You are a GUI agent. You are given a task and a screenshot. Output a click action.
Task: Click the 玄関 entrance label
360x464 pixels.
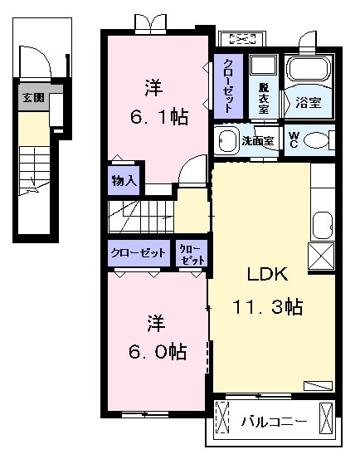(34, 97)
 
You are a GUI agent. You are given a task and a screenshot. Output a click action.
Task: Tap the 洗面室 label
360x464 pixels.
(256, 141)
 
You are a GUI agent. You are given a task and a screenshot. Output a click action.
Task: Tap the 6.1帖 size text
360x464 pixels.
(154, 116)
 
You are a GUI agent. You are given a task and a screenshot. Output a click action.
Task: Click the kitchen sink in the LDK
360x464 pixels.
(321, 224)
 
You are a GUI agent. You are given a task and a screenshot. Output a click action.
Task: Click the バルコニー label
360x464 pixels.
(274, 419)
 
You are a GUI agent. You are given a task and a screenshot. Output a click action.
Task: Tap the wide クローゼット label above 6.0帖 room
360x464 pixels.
(138, 253)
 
